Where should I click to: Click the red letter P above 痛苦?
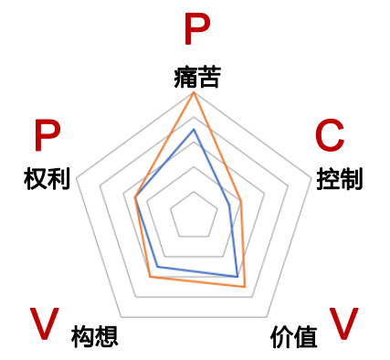[x=195, y=31]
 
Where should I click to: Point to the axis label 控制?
[x=339, y=178]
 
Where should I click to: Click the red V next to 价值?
[x=343, y=323]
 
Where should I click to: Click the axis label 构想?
[x=95, y=335]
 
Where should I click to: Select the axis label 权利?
[x=47, y=178]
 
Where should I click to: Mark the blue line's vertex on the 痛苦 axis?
[x=195, y=130]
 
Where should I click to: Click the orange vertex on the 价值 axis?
[x=246, y=287]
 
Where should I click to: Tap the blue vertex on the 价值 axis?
[x=237, y=276]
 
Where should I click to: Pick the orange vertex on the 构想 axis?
[x=150, y=276]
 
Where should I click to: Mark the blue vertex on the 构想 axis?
[x=157, y=266]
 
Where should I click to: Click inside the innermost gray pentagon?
[x=195, y=217]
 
